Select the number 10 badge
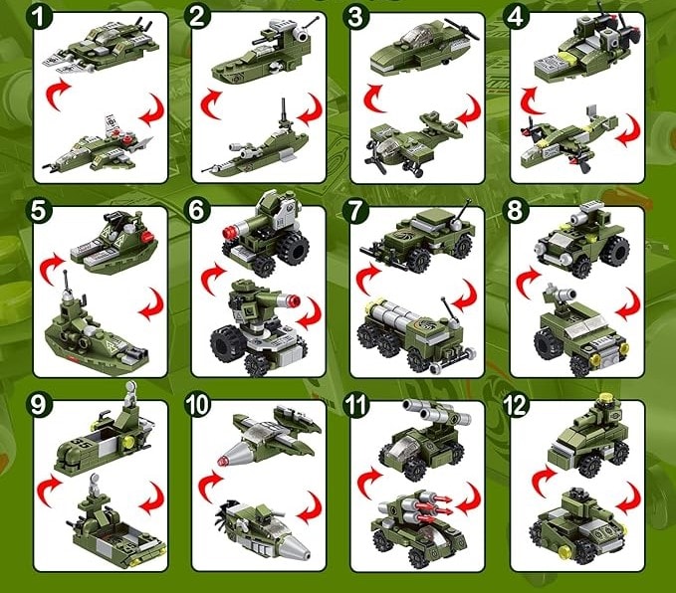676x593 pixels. click(199, 407)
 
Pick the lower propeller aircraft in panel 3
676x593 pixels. click(412, 141)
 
